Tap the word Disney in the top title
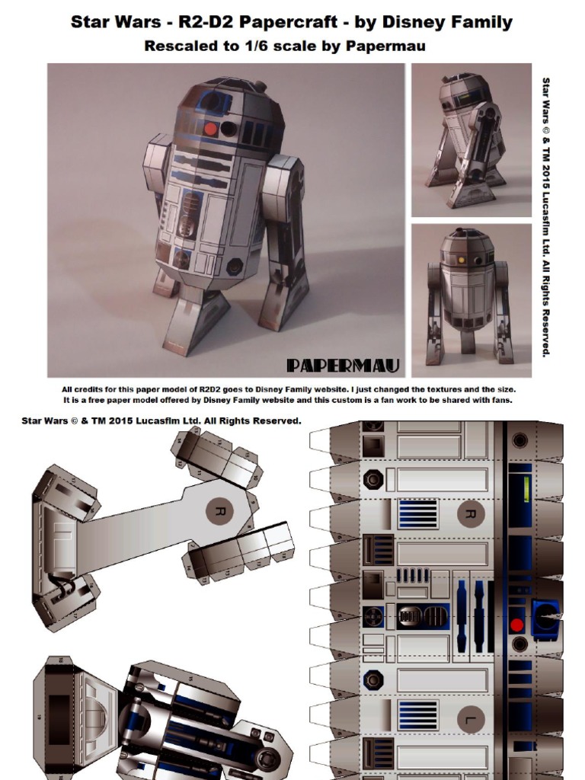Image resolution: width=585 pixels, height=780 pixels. point(411,22)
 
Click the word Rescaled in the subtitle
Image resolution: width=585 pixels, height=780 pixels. point(180,46)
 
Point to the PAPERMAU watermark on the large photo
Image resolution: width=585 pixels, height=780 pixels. point(343,366)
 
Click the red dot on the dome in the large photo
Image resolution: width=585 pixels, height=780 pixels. point(211,129)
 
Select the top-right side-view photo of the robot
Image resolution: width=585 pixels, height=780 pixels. point(471,140)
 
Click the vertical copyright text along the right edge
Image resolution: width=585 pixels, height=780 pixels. point(545,216)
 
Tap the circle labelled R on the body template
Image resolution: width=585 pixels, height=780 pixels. point(471,514)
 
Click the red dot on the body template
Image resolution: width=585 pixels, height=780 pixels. point(517,625)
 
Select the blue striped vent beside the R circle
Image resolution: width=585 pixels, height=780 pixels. point(417,514)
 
